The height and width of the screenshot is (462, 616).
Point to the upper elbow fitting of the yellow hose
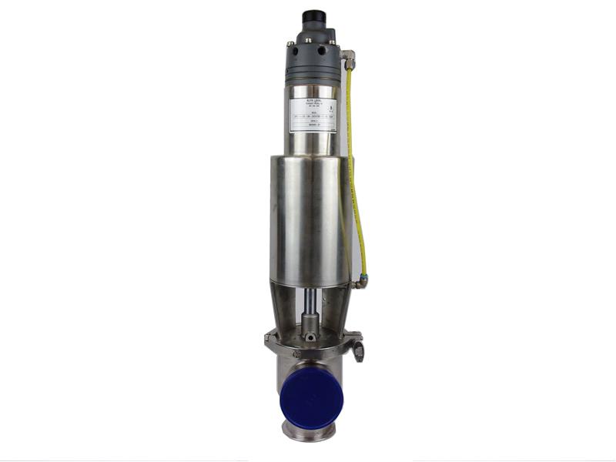[348, 55]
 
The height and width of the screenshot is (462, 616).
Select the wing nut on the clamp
[359, 353]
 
